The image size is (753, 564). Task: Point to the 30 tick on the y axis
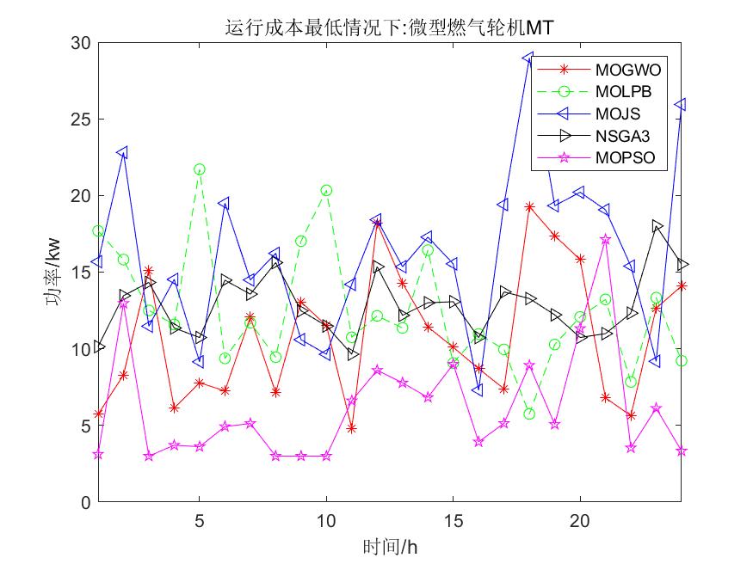[80, 43]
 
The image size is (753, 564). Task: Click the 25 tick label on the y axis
[80, 120]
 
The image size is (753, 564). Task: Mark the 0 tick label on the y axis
[84, 503]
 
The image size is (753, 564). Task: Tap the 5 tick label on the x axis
[200, 522]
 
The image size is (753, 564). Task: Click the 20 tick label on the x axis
[580, 522]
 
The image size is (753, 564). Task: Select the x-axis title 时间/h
[390, 547]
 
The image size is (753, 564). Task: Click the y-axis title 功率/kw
[54, 273]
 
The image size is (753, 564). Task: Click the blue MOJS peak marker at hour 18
[529, 58]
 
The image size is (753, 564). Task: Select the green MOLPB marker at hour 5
[200, 169]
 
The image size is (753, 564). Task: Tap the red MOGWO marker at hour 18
[529, 207]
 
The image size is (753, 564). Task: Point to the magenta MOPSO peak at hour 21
[606, 240]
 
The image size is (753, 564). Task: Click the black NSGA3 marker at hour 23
[657, 225]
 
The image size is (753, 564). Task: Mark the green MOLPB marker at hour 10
[326, 190]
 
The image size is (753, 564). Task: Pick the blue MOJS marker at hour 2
[123, 152]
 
